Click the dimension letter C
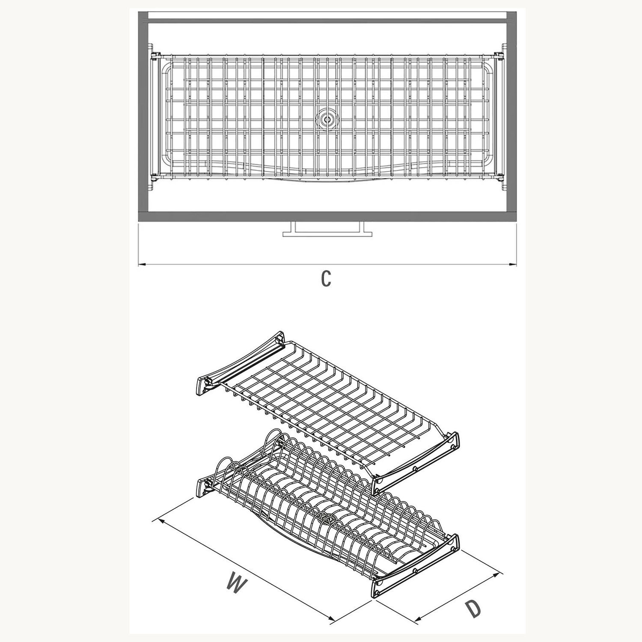[326, 279]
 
